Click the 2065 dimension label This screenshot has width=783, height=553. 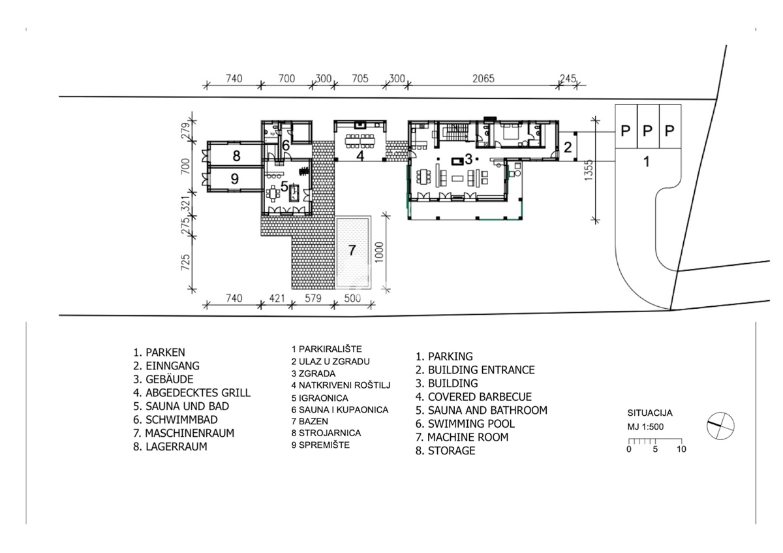[483, 79]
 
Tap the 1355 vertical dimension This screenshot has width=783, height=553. [589, 170]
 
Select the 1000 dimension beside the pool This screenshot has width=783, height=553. [379, 252]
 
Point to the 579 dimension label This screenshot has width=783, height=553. [313, 298]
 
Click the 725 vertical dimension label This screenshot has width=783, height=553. [185, 262]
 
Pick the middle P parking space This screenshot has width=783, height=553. [647, 131]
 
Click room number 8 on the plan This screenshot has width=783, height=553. [237, 156]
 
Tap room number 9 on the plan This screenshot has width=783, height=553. [235, 179]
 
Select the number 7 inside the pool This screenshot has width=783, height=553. [352, 250]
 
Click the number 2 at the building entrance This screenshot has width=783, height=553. [567, 148]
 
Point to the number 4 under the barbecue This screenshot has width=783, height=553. [360, 155]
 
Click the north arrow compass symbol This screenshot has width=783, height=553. [720, 426]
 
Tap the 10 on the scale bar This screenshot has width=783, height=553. [681, 449]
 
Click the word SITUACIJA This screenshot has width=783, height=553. [650, 413]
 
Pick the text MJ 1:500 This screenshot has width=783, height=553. [645, 427]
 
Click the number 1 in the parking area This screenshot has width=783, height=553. [647, 162]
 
